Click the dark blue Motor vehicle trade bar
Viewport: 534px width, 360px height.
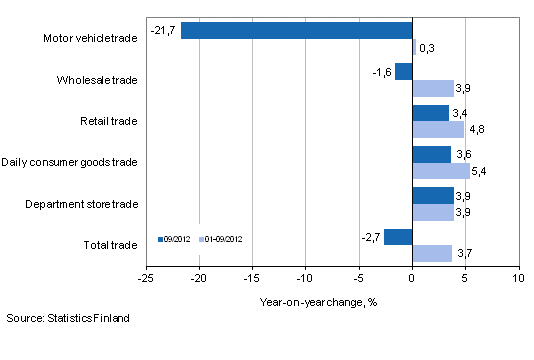296,30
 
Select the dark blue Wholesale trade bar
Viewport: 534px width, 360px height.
403,71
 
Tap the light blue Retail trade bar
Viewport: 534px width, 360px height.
437,129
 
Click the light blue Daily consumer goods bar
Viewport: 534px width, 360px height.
440,171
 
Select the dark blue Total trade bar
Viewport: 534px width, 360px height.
397,237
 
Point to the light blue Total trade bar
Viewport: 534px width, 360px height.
431,254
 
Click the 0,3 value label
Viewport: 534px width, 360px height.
425,47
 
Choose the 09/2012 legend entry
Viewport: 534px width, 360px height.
175,239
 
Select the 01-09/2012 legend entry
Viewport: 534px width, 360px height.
223,239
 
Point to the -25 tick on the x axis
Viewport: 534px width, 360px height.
147,279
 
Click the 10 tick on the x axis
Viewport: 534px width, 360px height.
517,279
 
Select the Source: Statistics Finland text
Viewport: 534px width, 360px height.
67,318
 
